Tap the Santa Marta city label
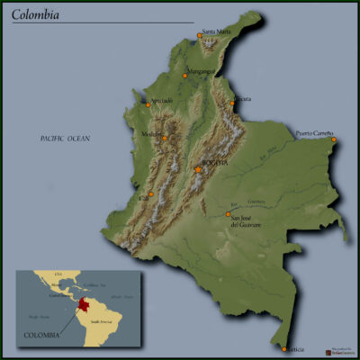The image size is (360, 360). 217,31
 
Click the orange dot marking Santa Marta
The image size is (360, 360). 200,36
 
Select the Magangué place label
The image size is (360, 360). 201,70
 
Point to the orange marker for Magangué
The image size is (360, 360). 184,76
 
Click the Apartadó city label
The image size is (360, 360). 161,99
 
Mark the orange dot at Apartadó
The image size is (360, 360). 148,104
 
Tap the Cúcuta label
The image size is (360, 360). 242,98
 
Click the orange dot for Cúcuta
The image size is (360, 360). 232,103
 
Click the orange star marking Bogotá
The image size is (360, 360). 198,169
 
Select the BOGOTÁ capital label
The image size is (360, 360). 216,163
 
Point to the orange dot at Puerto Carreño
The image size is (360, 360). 333,139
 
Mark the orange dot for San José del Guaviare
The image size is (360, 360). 227,214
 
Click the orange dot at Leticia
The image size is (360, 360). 284,348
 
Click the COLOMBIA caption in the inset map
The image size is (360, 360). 42,335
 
